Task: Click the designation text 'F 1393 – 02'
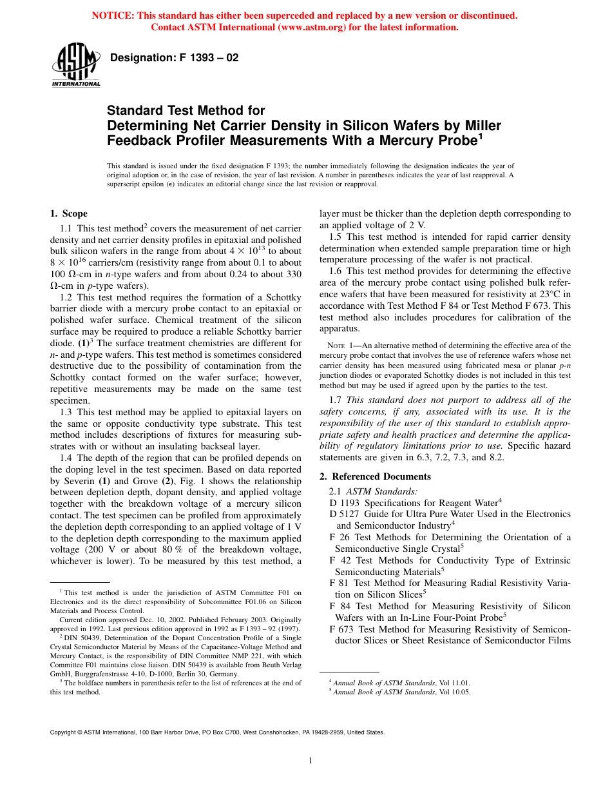(x=206, y=57)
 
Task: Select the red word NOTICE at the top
(x=113, y=15)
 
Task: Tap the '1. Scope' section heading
(x=69, y=213)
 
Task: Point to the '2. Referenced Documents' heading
(x=375, y=476)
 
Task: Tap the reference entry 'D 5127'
(x=343, y=514)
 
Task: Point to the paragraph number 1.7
(x=336, y=400)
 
